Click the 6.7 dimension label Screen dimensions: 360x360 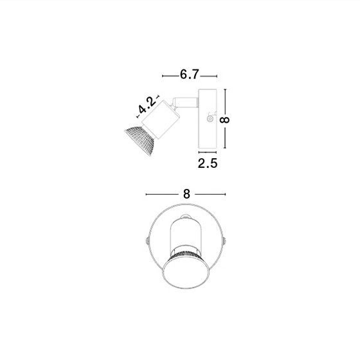(x=189, y=75)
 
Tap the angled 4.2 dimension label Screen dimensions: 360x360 (x=147, y=105)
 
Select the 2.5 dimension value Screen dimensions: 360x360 (x=208, y=163)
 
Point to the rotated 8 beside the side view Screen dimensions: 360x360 (x=225, y=120)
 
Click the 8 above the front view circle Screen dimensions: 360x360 (x=186, y=194)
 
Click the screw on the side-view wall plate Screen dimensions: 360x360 (x=210, y=119)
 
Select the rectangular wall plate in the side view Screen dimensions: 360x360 (x=208, y=119)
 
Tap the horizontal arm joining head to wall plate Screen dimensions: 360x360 (x=185, y=102)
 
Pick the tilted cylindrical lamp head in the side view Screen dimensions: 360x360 (x=161, y=120)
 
